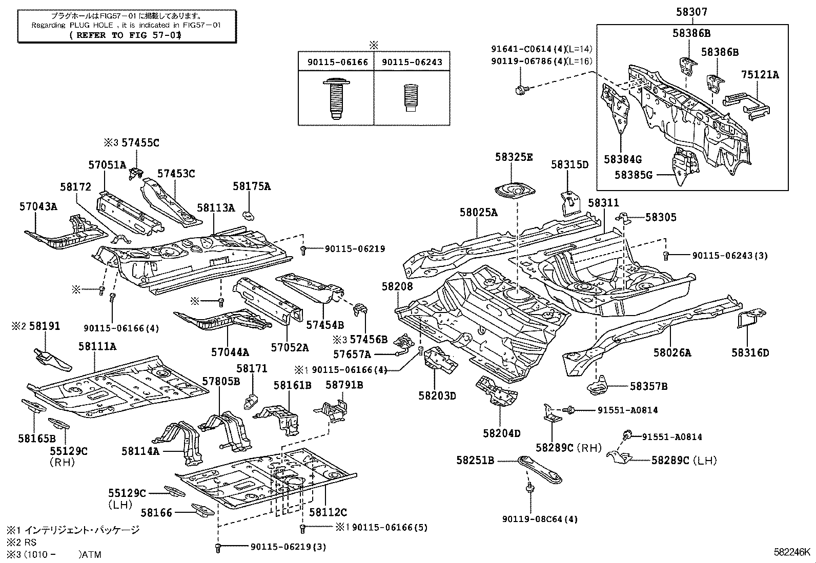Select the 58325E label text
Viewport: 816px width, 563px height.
tap(514, 157)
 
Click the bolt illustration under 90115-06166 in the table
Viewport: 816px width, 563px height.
tap(335, 98)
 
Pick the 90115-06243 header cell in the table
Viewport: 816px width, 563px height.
tap(412, 62)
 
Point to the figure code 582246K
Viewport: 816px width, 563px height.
tap(792, 553)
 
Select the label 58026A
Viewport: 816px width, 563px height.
tap(672, 352)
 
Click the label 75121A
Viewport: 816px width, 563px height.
tap(760, 75)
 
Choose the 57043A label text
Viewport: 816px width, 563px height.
tap(38, 206)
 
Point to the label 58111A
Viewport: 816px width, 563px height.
tap(97, 346)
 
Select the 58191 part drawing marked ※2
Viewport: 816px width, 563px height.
tap(52, 359)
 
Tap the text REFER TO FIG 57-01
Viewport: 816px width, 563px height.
tap(125, 35)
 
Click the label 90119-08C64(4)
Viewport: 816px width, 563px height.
tap(540, 519)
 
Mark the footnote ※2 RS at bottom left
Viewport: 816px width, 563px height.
tap(22, 542)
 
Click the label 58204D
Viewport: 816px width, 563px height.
tap(501, 433)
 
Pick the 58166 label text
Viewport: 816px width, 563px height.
tap(156, 512)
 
